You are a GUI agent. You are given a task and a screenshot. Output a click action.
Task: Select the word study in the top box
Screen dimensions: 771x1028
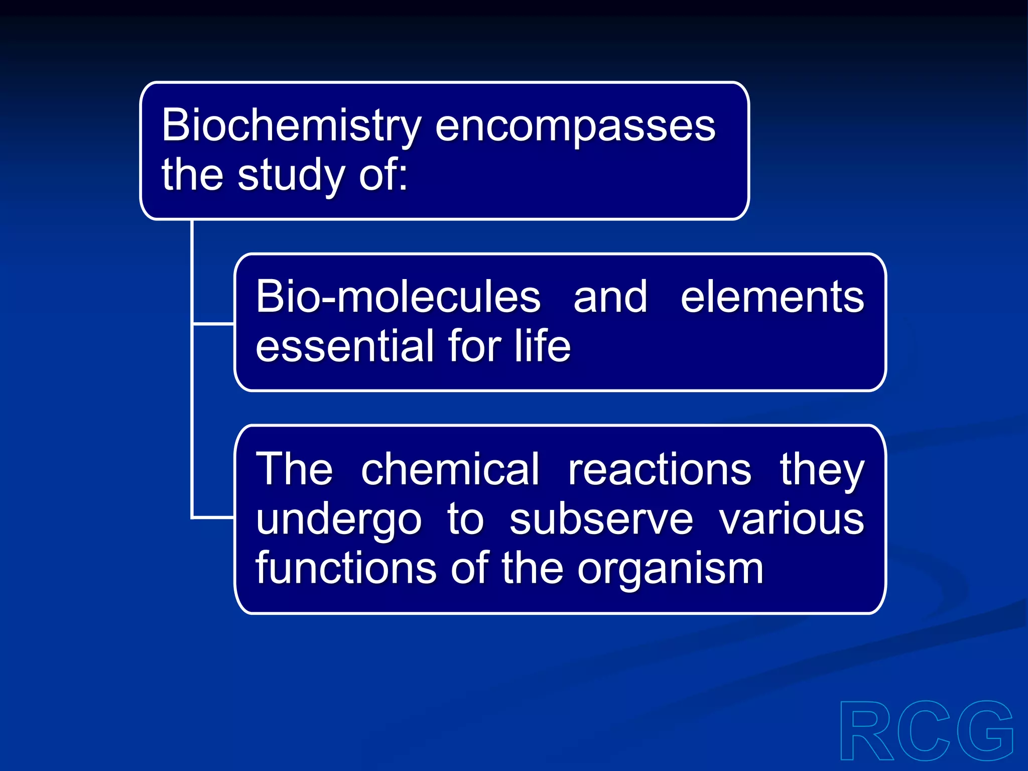click(x=291, y=176)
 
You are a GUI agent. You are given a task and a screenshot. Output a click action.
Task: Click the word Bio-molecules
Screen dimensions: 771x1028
click(x=398, y=297)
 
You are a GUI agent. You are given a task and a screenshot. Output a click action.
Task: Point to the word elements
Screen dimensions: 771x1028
click(x=772, y=297)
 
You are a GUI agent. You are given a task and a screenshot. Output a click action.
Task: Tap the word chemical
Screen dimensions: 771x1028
click(x=450, y=469)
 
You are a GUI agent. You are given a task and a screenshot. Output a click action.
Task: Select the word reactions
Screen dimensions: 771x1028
click(x=659, y=469)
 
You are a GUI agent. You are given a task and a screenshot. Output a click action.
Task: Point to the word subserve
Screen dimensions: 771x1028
click(x=601, y=520)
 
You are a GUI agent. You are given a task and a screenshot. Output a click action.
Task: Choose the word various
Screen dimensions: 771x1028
click(x=791, y=520)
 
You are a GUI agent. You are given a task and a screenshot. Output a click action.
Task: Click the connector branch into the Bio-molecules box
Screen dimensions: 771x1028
click(x=213, y=324)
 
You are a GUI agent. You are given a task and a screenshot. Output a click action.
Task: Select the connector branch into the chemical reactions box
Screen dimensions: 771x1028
click(x=213, y=517)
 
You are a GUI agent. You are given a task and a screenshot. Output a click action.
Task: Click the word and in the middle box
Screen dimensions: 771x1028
click(x=610, y=297)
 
